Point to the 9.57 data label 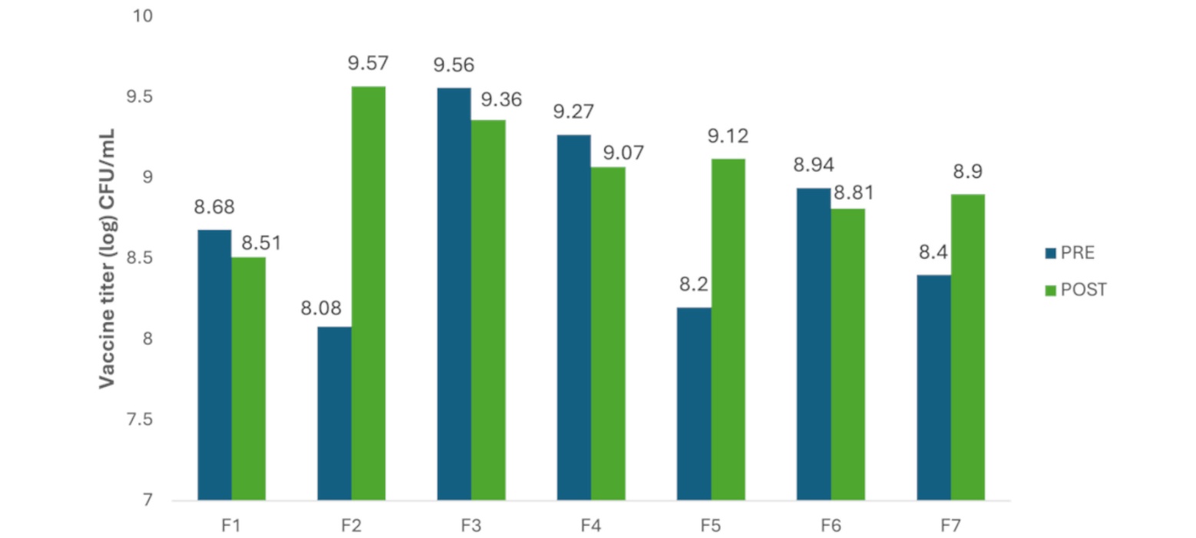pos(366,64)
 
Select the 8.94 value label pos(813,165)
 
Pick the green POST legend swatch pos(1049,290)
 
